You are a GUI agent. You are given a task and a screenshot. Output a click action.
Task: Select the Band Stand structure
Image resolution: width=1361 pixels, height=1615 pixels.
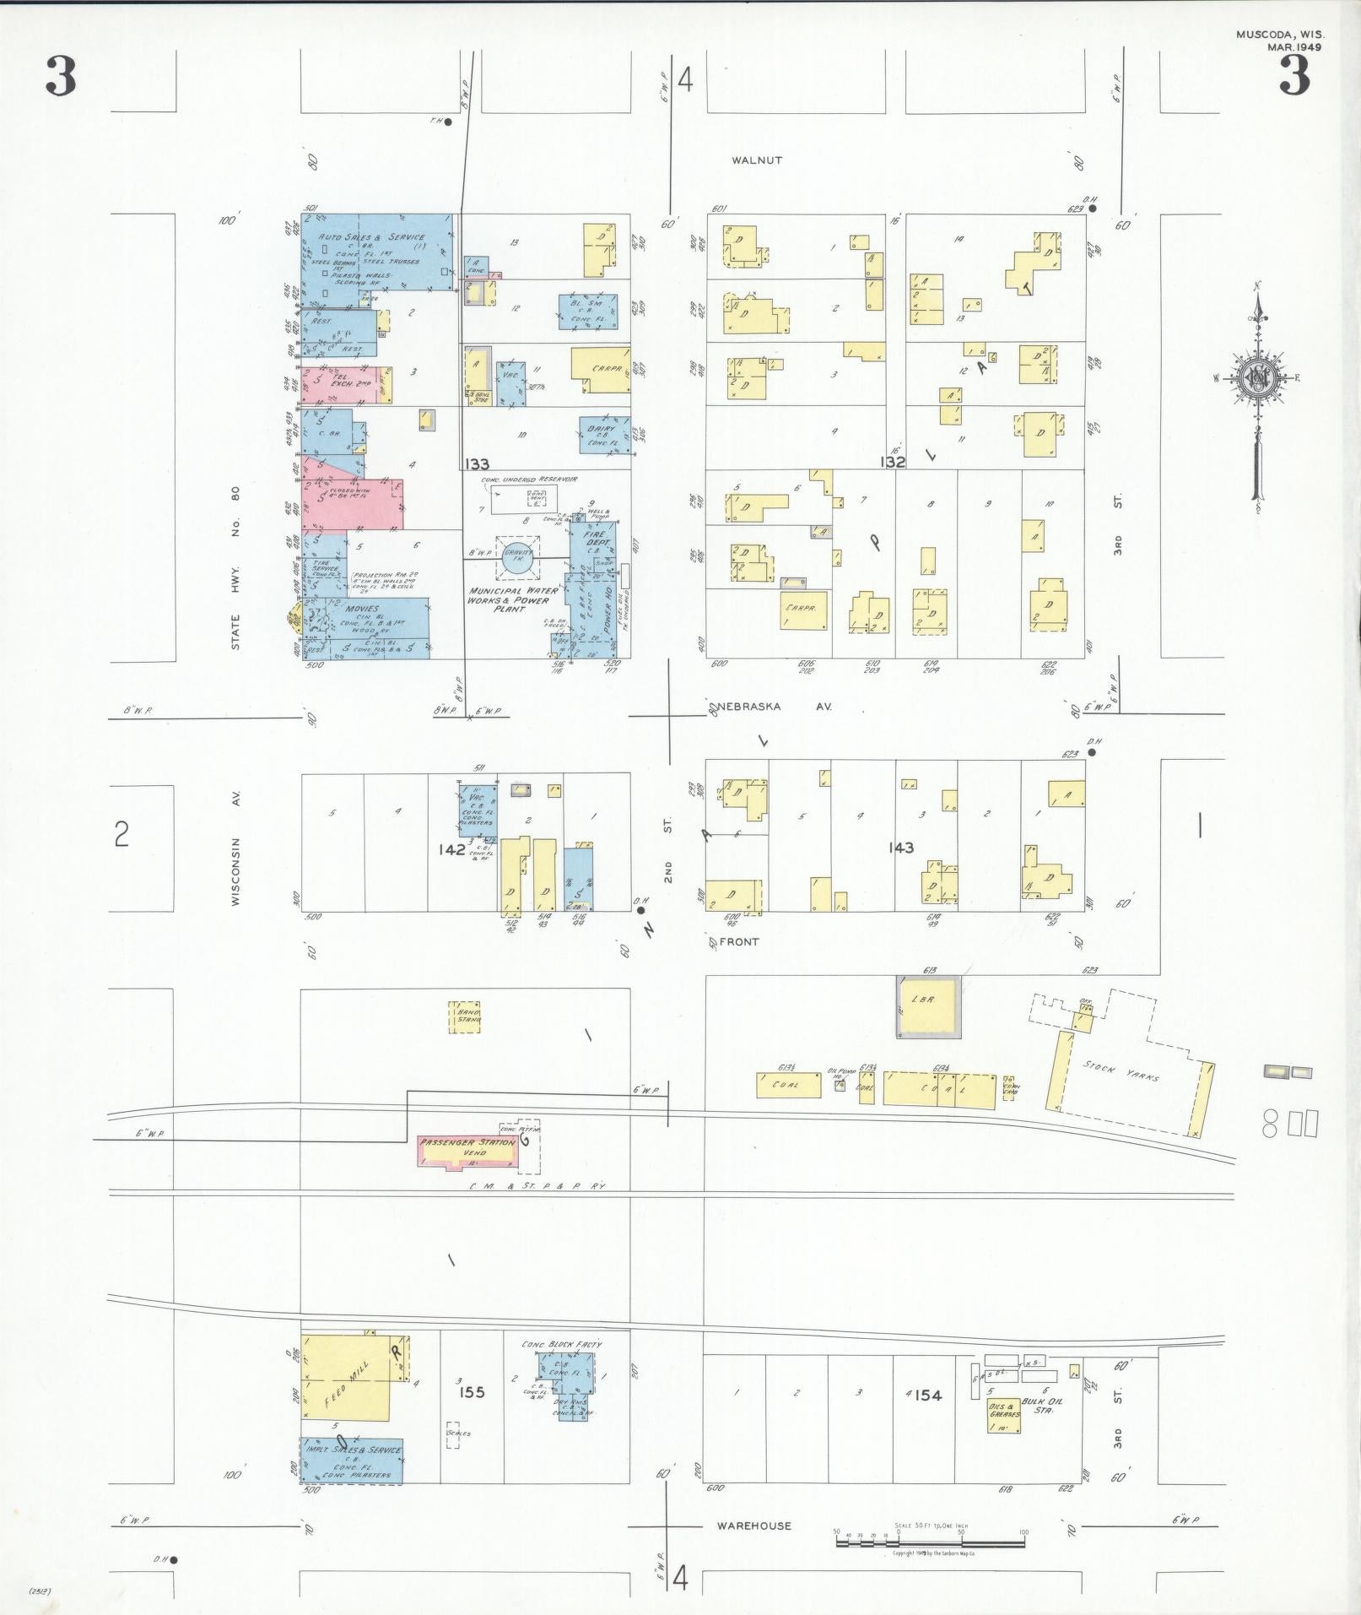pyautogui.click(x=465, y=1017)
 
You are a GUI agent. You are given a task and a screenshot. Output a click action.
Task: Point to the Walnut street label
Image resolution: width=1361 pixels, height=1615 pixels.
pyautogui.click(x=757, y=160)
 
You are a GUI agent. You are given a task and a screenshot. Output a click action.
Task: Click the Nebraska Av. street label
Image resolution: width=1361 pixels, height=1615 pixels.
pyautogui.click(x=776, y=707)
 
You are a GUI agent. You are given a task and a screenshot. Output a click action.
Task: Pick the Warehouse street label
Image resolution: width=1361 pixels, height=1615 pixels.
pyautogui.click(x=754, y=1526)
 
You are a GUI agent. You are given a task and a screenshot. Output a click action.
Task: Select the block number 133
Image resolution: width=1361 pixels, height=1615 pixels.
pyautogui.click(x=477, y=463)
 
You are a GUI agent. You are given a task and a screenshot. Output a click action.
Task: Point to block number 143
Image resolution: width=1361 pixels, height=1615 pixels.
pyautogui.click(x=900, y=848)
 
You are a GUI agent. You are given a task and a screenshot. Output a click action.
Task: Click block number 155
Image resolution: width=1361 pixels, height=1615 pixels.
pyautogui.click(x=473, y=1392)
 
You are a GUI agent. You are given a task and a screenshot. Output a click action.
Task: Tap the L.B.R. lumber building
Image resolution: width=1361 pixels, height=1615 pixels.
pyautogui.click(x=927, y=1006)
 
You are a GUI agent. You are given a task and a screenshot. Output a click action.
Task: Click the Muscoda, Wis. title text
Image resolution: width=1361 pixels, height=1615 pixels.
pyautogui.click(x=1280, y=35)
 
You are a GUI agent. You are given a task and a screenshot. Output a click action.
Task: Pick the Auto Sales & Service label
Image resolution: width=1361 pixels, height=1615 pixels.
pyautogui.click(x=371, y=238)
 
